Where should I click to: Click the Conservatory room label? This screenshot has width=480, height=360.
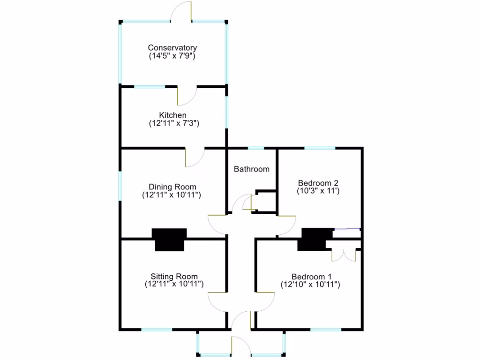coord(172,48)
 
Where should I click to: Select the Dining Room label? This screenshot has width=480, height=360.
coord(172,187)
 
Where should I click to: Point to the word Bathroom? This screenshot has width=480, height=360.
coord(252,169)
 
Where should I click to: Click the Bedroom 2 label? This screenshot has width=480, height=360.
coord(318,183)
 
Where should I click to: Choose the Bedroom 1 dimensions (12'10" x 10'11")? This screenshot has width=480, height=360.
coord(310,284)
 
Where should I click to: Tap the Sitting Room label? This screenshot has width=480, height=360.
coord(174,277)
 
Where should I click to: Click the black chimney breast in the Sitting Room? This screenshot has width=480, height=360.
coord(169,239)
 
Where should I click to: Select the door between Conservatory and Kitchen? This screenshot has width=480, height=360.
coord(186,96)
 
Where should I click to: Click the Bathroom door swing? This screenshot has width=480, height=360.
coord(244,203)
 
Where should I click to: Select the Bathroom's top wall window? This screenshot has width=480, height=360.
coord(256,148)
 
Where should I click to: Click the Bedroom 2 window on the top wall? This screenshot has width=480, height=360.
coord(320,148)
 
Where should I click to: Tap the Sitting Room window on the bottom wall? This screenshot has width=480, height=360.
coord(157,330)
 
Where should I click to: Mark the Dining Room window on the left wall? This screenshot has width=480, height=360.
coord(120,186)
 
